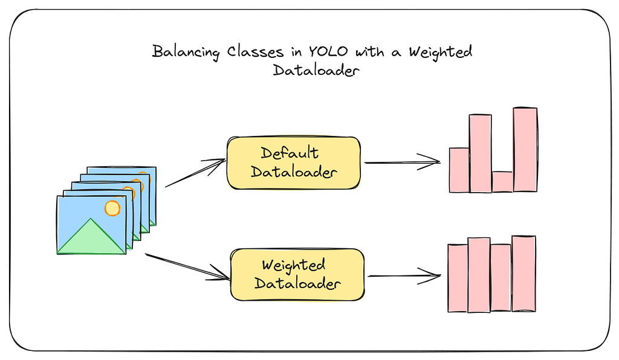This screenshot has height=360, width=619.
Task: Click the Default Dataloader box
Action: [x=293, y=162]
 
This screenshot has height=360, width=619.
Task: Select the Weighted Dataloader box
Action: [x=297, y=274]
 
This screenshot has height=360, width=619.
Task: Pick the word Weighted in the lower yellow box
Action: [x=294, y=265]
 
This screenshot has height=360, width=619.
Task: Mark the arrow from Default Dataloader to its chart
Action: [x=402, y=162]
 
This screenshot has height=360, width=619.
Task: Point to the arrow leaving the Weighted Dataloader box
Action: [x=404, y=276]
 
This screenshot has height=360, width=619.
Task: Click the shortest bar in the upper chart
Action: [x=502, y=182]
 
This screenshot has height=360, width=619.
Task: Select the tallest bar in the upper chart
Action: [x=525, y=150]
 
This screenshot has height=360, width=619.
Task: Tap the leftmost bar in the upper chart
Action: [x=459, y=170]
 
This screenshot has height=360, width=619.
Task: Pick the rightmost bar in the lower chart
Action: [x=523, y=274]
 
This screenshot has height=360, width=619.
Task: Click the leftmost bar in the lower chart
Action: [x=458, y=278]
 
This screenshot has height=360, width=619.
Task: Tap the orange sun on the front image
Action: [x=112, y=208]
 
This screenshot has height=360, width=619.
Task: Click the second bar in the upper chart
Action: [x=481, y=153]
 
